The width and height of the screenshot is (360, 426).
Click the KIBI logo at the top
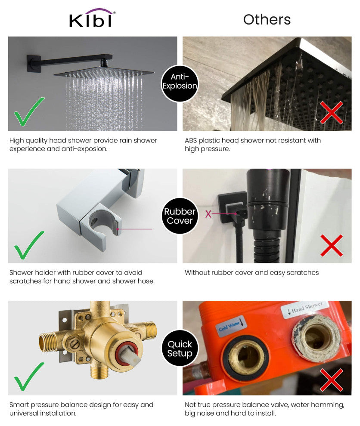point(92,19)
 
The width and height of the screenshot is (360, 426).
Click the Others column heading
point(267,19)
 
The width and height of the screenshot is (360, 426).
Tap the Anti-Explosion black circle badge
point(180,81)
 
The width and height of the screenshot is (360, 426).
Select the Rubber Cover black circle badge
point(180,216)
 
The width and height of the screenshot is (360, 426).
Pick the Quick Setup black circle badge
point(180,349)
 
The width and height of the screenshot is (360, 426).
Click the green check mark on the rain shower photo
point(29,111)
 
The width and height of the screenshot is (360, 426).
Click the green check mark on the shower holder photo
point(29,245)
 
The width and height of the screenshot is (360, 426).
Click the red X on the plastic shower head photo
point(331,113)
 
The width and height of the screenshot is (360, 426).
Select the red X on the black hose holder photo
point(331,246)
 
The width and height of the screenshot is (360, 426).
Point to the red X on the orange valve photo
point(331,380)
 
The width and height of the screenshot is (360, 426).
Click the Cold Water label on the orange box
point(231,327)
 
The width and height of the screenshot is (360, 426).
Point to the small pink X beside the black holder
point(208,214)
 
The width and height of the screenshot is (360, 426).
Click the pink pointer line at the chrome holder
point(136,229)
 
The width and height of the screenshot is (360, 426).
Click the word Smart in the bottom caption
point(19,404)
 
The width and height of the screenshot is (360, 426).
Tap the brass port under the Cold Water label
point(243,356)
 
